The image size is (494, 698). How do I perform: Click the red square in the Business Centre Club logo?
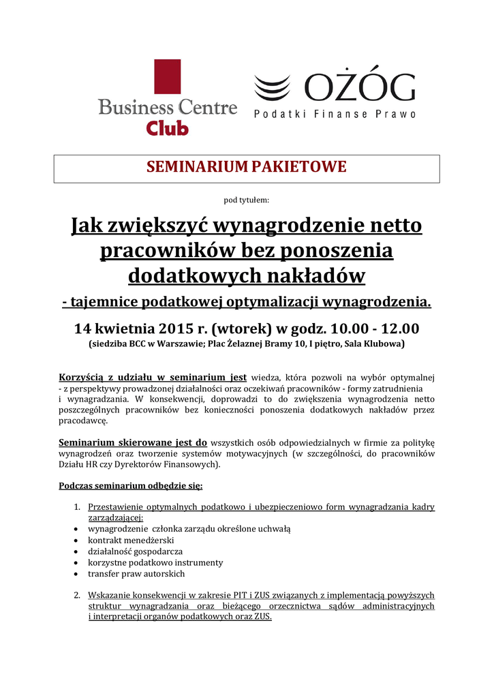[x=167, y=76]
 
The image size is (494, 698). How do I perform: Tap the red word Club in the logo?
[x=168, y=127]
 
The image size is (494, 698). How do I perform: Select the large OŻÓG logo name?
[x=359, y=87]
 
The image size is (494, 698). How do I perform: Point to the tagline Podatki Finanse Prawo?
[x=335, y=115]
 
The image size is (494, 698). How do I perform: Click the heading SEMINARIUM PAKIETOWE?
[x=247, y=167]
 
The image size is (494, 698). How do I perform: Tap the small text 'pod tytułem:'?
[x=247, y=200]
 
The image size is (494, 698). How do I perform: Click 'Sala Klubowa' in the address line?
[x=371, y=344]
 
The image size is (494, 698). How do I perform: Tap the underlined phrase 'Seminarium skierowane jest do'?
[x=133, y=442]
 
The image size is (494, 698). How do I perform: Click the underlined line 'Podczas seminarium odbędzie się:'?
[x=131, y=486]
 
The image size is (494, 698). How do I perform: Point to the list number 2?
[x=77, y=595]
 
